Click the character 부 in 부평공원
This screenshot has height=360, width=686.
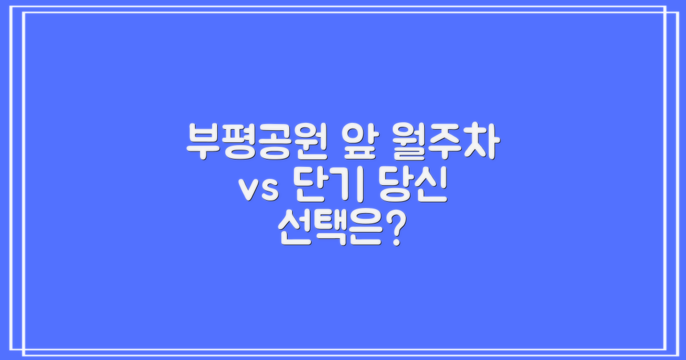(203, 143)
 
